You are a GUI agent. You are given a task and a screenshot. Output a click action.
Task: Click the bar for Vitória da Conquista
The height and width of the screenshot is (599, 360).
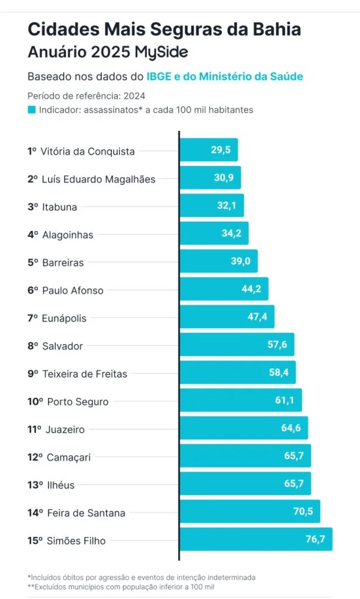pos(208,150)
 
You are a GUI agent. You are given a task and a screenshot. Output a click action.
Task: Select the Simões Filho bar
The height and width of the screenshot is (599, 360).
pos(255,539)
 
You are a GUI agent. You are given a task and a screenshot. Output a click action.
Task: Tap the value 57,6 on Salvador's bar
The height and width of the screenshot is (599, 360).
pos(277,345)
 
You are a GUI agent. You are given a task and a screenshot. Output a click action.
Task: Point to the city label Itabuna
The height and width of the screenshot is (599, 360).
pos(60,207)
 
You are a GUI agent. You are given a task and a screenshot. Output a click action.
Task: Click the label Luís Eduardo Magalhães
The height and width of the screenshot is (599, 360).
pos(99,180)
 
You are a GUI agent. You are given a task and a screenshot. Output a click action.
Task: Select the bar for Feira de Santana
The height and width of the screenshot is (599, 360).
pos(249,511)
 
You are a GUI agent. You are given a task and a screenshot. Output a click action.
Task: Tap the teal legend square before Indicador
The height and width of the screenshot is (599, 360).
pos(32,109)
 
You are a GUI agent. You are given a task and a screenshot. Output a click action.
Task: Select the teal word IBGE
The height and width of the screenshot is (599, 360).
pos(159,77)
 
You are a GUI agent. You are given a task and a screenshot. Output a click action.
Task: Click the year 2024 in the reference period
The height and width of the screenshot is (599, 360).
pos(134,96)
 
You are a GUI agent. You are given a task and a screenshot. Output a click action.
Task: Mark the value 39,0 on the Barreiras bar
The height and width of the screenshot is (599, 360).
pos(240,261)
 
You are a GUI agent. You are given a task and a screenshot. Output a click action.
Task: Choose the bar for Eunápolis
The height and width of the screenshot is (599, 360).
pos(226,316)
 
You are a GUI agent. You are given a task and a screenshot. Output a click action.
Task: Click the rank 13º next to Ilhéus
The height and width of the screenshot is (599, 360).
pos(35,485)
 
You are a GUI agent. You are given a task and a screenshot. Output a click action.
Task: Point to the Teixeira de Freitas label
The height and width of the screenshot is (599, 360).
pos(84,374)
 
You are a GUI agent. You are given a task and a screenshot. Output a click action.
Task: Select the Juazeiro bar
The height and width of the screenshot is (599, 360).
pos(243,428)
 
